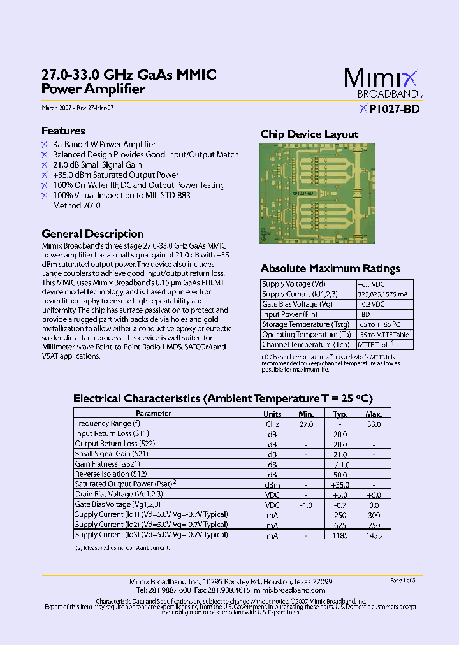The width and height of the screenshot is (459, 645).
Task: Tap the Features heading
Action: click(x=63, y=131)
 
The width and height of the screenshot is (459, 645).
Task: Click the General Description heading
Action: click(x=92, y=234)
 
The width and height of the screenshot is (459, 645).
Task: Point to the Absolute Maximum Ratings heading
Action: click(x=330, y=268)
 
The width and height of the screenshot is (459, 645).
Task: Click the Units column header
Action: click(x=272, y=414)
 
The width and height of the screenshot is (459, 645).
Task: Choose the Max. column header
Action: click(x=374, y=414)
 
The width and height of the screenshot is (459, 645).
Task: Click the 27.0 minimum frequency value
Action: click(x=307, y=424)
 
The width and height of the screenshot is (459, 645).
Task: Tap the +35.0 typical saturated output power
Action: click(x=340, y=484)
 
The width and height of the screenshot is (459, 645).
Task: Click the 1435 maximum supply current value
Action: click(x=374, y=536)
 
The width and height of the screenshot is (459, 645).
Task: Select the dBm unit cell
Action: click(x=272, y=484)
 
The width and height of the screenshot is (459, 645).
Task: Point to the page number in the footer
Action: click(x=402, y=580)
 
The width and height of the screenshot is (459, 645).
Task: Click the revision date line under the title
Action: click(x=78, y=108)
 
